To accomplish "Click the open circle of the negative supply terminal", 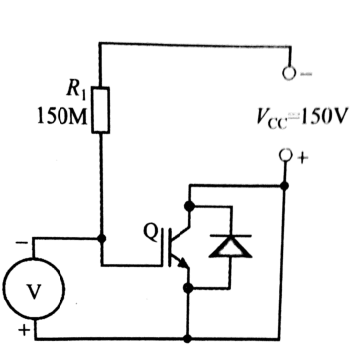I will pyautogui.click(x=287, y=72).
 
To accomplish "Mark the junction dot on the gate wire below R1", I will pyautogui.click(x=101, y=239).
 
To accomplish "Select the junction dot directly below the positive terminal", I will pyautogui.click(x=286, y=184).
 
